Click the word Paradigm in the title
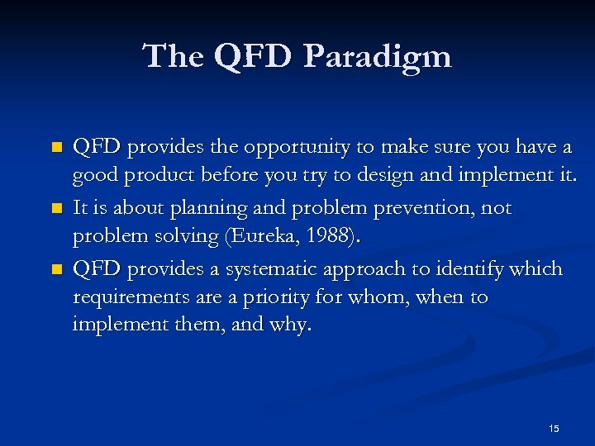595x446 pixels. (378, 57)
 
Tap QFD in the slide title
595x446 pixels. (253, 56)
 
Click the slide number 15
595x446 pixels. (554, 428)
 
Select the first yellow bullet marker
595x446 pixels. (55, 148)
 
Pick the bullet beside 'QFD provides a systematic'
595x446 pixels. (55, 269)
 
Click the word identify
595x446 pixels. (460, 269)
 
